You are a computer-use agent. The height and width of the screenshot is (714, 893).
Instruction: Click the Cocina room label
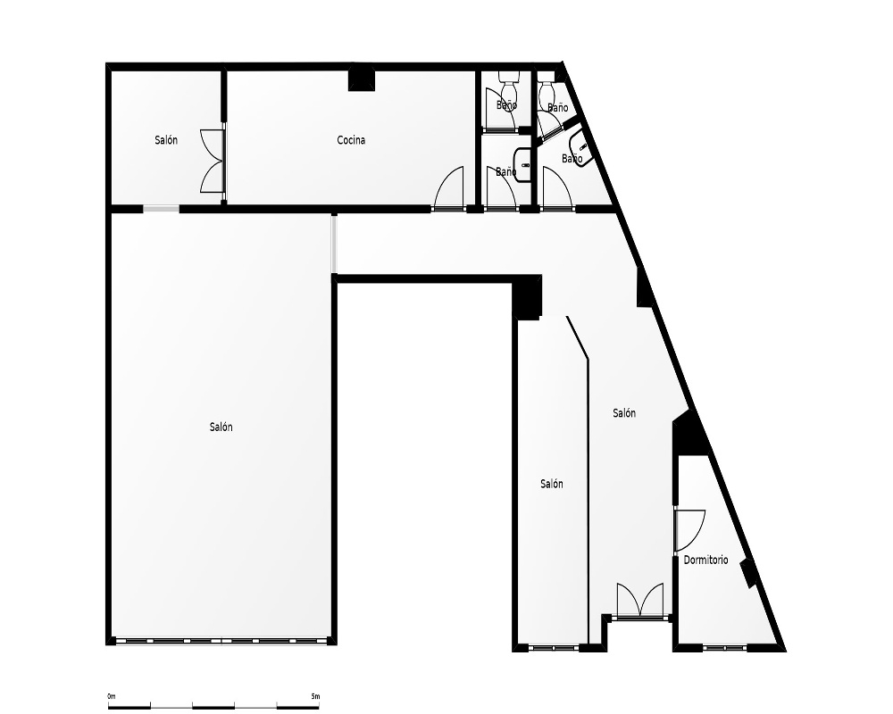point(351,140)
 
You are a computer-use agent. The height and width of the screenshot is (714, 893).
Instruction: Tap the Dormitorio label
point(705,560)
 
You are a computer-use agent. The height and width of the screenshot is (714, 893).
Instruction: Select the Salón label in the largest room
point(221,427)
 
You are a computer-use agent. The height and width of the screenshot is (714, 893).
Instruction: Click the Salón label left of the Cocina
point(166,140)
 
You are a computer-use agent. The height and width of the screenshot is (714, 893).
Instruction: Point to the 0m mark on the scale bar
point(111,696)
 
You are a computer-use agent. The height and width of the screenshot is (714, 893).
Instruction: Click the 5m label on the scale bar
point(315,696)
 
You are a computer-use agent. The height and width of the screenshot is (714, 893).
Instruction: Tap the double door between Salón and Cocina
point(213,162)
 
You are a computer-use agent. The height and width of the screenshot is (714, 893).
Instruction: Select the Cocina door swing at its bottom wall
point(449,188)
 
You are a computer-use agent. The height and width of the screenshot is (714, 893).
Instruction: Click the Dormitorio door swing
point(690,530)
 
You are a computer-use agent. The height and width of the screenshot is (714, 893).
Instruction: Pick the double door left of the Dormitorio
point(640,600)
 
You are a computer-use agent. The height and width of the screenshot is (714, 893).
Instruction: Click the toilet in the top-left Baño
point(507,86)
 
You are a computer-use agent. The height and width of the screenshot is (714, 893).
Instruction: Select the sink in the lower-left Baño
point(522,164)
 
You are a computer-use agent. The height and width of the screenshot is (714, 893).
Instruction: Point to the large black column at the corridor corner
point(527,296)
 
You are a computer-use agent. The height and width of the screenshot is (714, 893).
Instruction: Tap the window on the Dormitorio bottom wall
point(724,647)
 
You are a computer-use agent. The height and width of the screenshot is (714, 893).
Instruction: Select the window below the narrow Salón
point(554,647)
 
